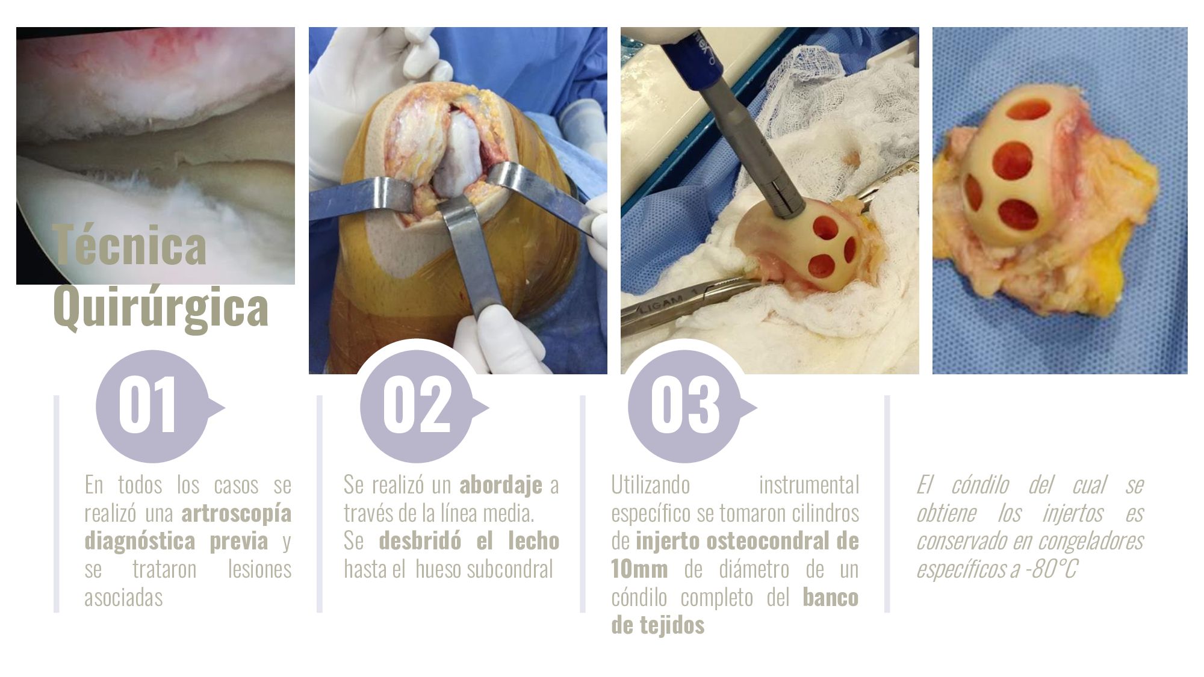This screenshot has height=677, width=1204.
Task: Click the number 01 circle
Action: click(152, 406)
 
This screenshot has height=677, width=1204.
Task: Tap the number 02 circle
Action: click(417, 406)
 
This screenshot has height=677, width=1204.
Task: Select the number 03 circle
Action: click(684, 406)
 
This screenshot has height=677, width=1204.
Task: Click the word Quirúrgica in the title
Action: click(161, 308)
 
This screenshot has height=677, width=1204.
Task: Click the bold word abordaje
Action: click(501, 485)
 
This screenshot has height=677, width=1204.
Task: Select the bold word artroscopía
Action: click(237, 513)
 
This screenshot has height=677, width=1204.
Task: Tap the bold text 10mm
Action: click(639, 569)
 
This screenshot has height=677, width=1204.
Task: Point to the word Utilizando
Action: click(651, 485)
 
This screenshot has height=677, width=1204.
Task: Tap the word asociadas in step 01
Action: click(123, 597)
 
